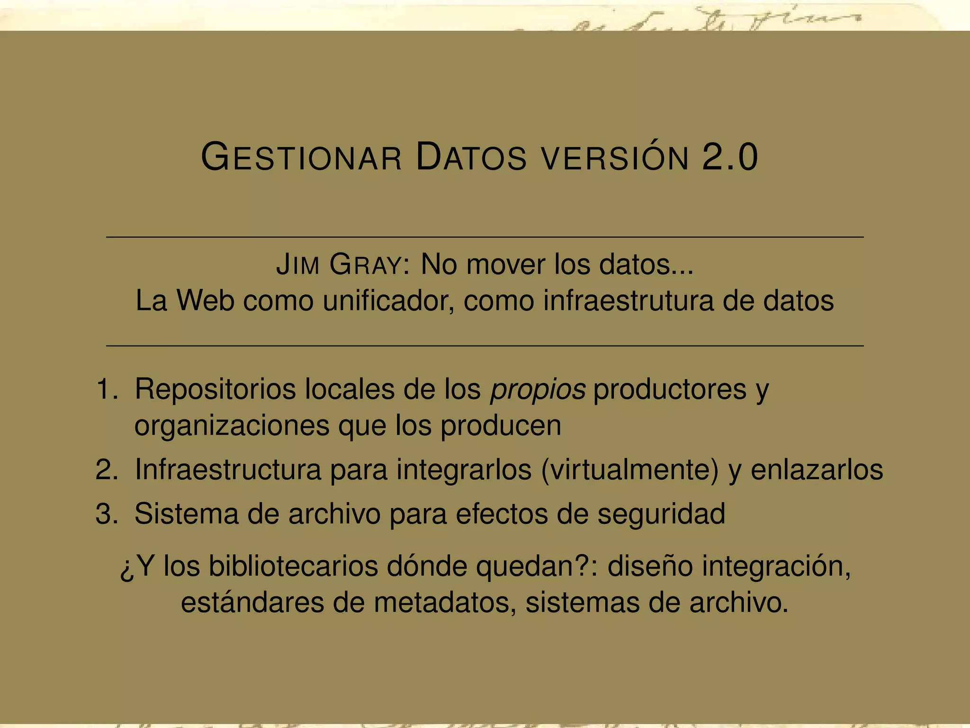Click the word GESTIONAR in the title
point(302,157)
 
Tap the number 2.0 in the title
point(730,157)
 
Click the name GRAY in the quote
point(365,264)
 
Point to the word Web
point(206,300)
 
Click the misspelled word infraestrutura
point(628,300)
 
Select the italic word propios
point(538,390)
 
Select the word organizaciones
point(232,425)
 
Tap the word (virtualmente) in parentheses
point(629,470)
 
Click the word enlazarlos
point(817,470)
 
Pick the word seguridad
point(661,513)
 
